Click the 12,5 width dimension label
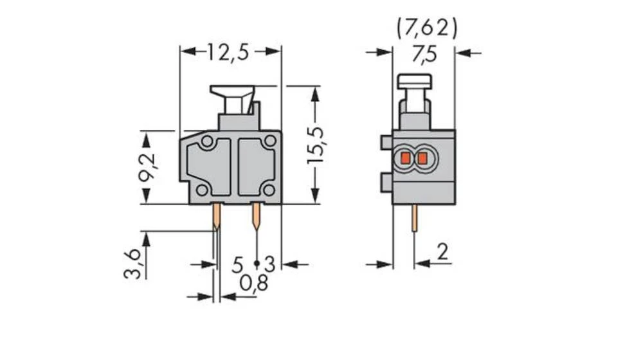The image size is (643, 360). point(228,52)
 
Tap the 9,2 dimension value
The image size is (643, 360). point(148,168)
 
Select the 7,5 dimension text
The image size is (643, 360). point(424,55)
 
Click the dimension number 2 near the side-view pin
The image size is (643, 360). point(442,252)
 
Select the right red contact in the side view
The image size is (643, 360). point(422,157)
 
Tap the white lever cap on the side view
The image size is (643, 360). point(415,81)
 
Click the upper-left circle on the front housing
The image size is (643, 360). point(206,141)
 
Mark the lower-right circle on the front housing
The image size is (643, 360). point(269,190)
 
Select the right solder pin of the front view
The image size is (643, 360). point(257,217)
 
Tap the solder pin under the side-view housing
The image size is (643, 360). point(414,222)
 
